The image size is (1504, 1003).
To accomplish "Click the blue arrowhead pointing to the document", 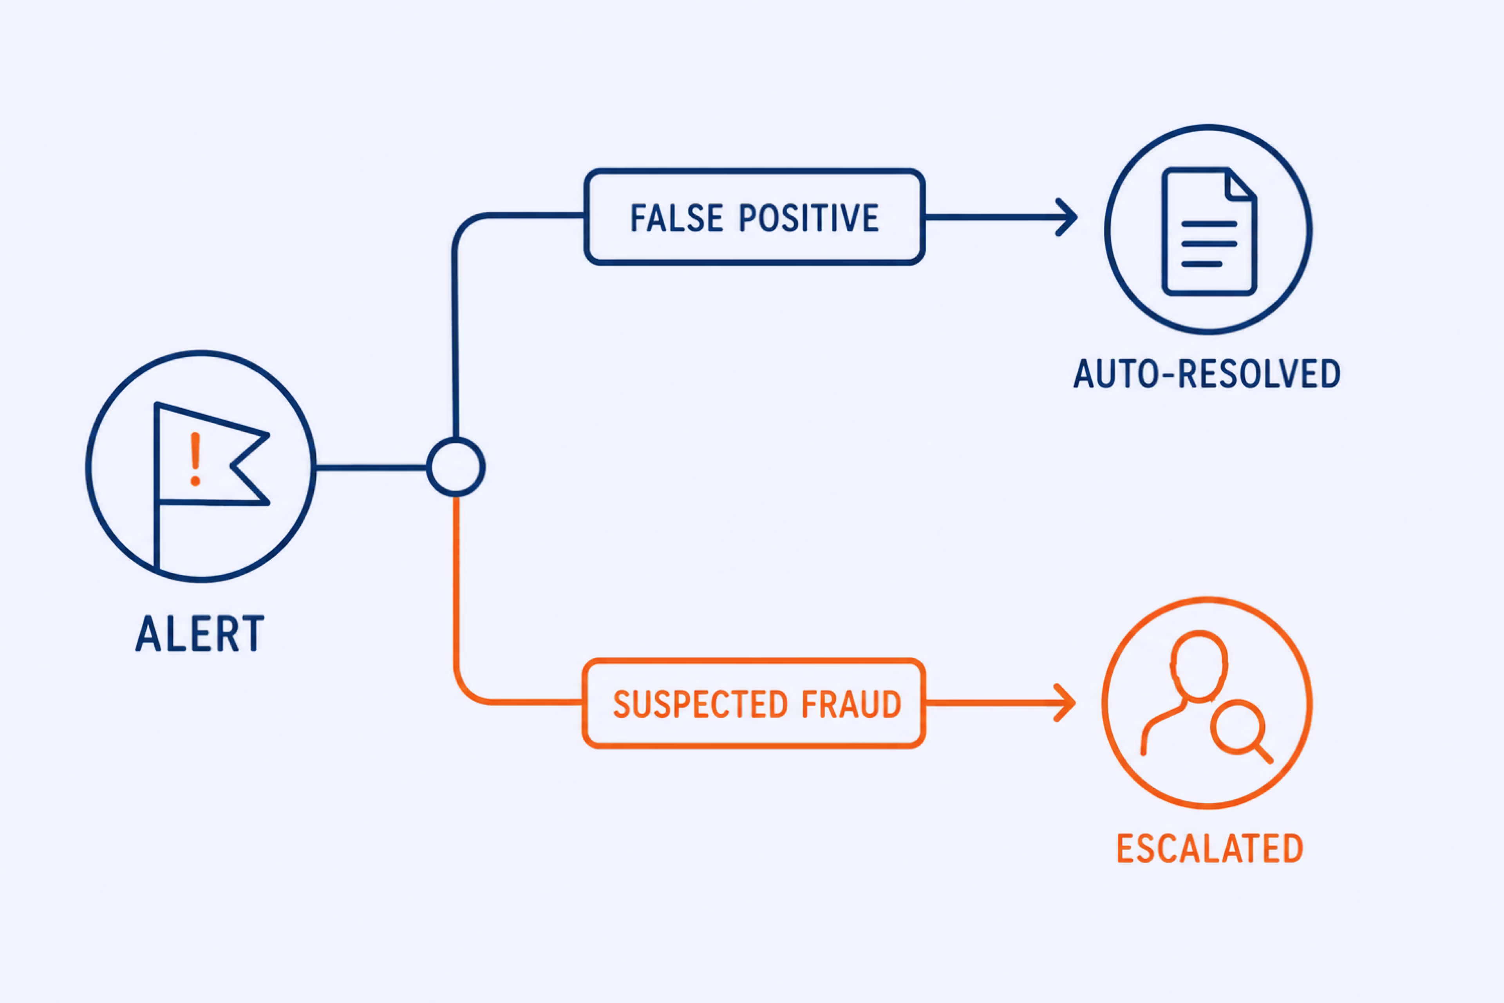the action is (x=1066, y=217).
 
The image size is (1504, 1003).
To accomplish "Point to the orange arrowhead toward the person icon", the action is (x=1065, y=703).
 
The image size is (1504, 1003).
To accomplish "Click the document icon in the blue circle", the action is (x=1209, y=232).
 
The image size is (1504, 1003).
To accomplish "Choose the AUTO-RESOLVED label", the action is (x=1207, y=374).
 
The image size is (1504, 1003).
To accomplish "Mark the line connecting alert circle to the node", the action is (x=371, y=467).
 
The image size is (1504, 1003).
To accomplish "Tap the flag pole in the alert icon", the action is (x=156, y=486).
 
